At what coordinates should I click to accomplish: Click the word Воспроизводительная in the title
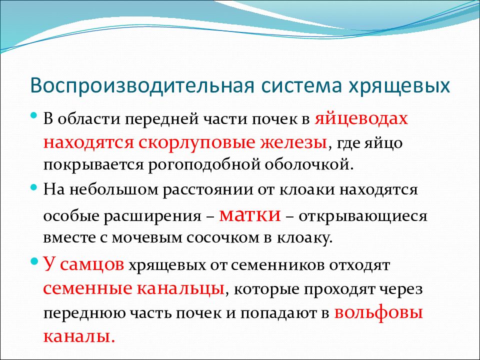click(x=142, y=86)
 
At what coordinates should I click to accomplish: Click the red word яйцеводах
click(x=361, y=119)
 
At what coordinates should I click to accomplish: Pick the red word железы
click(x=293, y=142)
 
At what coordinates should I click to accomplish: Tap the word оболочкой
click(x=309, y=164)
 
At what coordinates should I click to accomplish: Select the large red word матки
click(x=250, y=215)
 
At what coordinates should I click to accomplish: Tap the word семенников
click(x=277, y=265)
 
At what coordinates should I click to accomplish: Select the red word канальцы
click(x=180, y=288)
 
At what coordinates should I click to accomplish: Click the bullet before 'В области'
click(x=34, y=116)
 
